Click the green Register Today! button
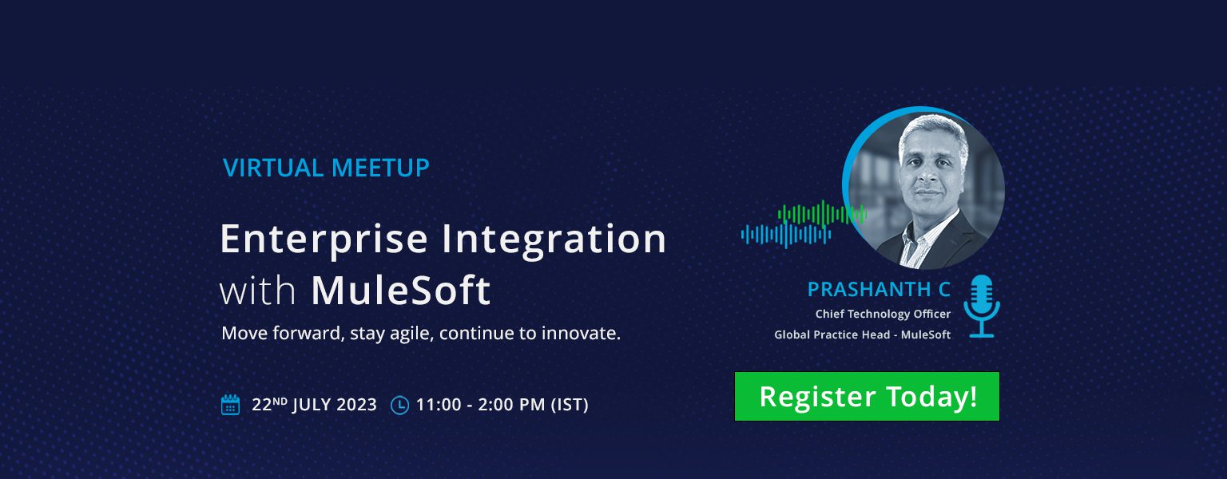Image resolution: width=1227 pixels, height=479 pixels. (867, 396)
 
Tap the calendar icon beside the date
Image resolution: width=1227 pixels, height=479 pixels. (230, 405)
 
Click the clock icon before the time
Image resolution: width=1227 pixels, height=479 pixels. (399, 405)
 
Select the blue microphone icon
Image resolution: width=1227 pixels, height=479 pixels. (982, 306)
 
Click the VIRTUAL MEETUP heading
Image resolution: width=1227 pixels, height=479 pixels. (326, 168)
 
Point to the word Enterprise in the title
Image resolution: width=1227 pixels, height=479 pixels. (324, 239)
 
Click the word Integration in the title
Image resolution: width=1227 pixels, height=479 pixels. (554, 239)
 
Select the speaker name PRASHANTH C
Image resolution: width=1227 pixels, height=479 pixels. (879, 289)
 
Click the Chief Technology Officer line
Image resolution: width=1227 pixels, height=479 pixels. (883, 314)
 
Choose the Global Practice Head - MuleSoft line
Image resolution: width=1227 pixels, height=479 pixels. (862, 335)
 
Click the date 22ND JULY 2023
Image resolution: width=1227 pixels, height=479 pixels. (314, 405)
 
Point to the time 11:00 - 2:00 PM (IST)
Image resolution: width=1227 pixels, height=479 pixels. (502, 405)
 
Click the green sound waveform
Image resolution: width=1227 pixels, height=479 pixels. (822, 213)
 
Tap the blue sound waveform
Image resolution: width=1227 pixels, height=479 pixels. (786, 236)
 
